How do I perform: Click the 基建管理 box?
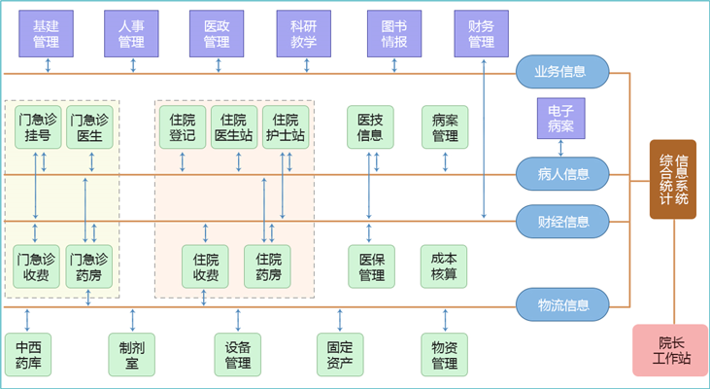point(47,33)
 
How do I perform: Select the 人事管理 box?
point(131,33)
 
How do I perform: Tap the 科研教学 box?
point(303,33)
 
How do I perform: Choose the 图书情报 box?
point(394,33)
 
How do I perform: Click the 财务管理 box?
point(481,33)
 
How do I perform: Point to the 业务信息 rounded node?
point(561,71)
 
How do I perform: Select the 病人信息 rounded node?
point(561,174)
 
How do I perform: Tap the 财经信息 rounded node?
point(561,221)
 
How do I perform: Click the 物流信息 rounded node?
point(561,304)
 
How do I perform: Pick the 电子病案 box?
point(560,118)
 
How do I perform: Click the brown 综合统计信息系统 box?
point(673,179)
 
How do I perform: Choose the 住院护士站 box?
point(285,127)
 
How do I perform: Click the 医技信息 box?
point(370,127)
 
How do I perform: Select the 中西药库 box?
point(27,355)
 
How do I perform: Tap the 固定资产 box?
point(340,355)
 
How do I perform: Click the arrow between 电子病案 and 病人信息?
point(560,148)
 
